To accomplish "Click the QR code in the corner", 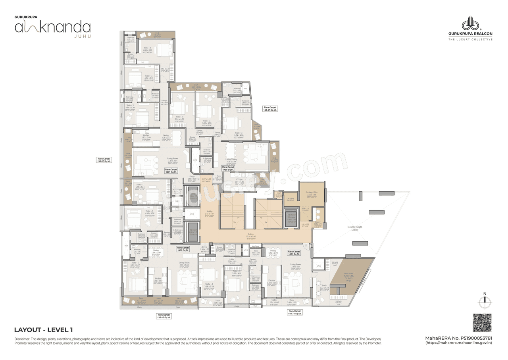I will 482,323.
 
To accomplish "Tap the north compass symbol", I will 484,303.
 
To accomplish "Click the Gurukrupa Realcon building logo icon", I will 470,23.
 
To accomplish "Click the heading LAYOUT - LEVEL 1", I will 43,330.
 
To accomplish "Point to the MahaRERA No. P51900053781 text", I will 458,338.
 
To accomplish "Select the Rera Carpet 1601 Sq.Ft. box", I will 294,252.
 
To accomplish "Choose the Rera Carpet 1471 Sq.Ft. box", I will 172,170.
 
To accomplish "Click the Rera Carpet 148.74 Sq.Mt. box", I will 295,312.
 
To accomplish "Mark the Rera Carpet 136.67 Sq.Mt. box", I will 104,160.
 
